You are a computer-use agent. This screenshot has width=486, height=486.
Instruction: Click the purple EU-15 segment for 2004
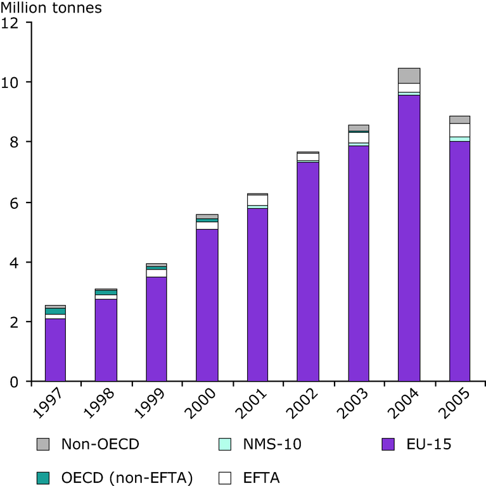pos(409,238)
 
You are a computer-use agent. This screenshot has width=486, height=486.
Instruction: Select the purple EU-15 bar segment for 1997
pos(55,350)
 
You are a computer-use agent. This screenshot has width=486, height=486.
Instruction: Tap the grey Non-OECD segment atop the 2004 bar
pos(409,76)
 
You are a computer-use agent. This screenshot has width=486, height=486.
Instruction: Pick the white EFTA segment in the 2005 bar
pos(459,130)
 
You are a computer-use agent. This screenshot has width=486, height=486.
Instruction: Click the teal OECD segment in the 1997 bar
pos(55,311)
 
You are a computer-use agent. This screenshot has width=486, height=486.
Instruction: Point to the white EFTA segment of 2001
pos(257,200)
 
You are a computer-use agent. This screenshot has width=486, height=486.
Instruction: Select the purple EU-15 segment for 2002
pos(308,271)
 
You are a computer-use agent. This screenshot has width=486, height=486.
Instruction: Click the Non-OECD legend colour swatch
pos(43,444)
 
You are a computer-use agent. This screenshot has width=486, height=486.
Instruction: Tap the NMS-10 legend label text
pos(272,444)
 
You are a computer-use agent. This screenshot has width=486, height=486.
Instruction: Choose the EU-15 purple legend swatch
pos(388,444)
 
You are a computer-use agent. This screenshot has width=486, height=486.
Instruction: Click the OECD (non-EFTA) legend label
pos(127,478)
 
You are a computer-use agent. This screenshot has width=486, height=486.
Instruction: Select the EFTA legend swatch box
pos(225,478)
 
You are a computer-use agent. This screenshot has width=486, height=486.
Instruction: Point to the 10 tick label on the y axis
pos(10,82)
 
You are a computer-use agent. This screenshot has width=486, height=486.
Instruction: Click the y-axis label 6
pos(14,203)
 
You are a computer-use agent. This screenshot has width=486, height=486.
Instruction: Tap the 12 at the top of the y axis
pos(10,23)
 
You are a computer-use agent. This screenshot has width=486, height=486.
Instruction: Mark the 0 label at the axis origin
pos(14,382)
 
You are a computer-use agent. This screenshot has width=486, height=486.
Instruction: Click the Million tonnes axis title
pos(51,8)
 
